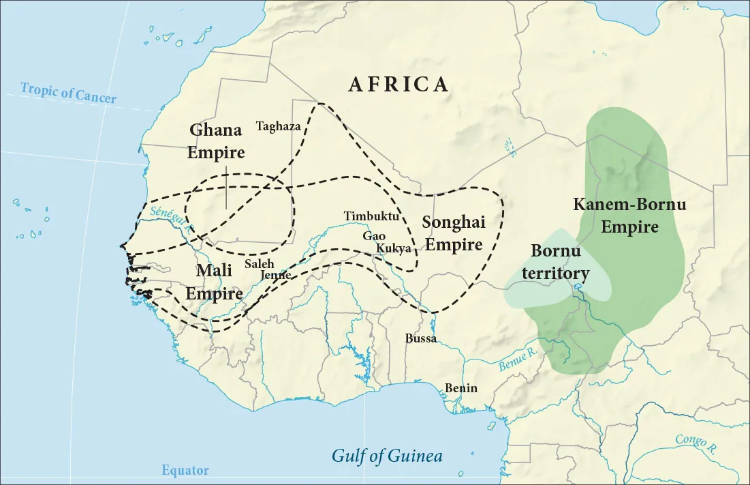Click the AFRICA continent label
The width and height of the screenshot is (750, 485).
(x=399, y=84)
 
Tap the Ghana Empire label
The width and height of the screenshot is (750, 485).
(x=216, y=141)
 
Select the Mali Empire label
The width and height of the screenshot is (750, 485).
(x=215, y=282)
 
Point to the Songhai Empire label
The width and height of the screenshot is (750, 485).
(x=453, y=233)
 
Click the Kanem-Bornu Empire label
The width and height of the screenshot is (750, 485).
(x=629, y=215)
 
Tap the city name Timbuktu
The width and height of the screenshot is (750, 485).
(x=371, y=216)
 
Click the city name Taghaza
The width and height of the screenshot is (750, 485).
(x=278, y=126)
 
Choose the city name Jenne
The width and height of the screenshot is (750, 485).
(x=276, y=275)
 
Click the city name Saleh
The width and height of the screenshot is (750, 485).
(x=259, y=263)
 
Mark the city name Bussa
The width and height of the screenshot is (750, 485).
(x=420, y=338)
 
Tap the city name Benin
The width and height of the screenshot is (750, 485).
(x=461, y=388)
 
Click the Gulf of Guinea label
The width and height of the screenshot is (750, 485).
(x=387, y=456)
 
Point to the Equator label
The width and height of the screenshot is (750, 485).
(x=185, y=470)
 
